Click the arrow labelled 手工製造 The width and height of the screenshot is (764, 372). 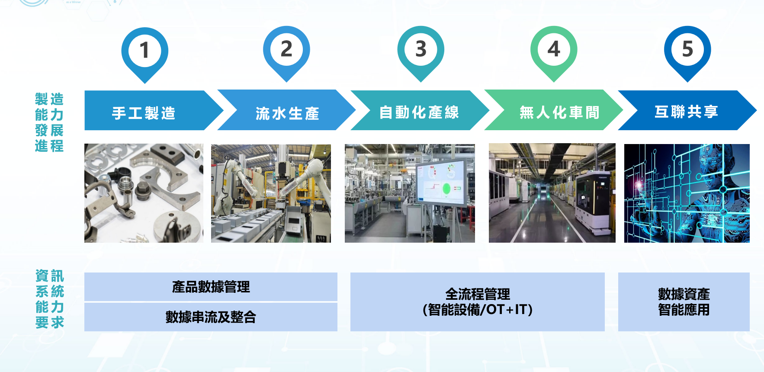click(154, 110)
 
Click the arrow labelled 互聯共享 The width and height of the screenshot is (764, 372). click(687, 110)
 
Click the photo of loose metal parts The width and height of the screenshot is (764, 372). click(144, 193)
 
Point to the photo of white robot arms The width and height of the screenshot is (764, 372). click(271, 193)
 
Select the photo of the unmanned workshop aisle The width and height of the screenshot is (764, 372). click(552, 193)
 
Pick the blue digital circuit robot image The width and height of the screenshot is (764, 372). click(687, 193)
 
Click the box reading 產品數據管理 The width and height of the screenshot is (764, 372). click(211, 287)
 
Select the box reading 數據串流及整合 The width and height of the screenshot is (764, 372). click(211, 317)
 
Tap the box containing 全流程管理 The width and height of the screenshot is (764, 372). click(478, 302)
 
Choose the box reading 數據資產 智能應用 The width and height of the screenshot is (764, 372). click(684, 302)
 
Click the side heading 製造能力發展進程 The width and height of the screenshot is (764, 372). click(49, 122)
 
